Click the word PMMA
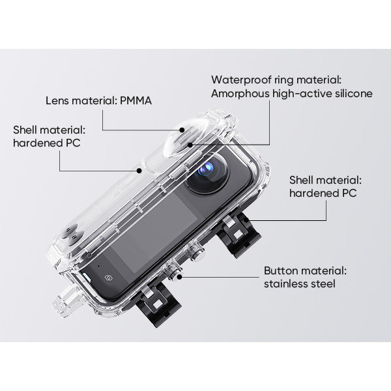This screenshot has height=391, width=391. tap(136, 101)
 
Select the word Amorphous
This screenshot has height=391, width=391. tap(240, 94)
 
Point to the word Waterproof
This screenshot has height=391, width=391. tap(241, 80)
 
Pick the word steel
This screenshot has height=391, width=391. tap(322, 283)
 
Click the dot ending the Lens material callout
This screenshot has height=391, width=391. tap(182, 130)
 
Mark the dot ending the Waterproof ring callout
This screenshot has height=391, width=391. tap(190, 145)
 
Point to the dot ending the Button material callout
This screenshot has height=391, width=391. tap(180, 277)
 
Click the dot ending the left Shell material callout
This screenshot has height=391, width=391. tap(139, 171)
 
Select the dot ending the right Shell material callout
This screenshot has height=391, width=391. tap(246, 220)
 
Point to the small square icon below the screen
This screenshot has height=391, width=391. tap(108, 278)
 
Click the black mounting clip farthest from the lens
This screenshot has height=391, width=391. tap(158, 304)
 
